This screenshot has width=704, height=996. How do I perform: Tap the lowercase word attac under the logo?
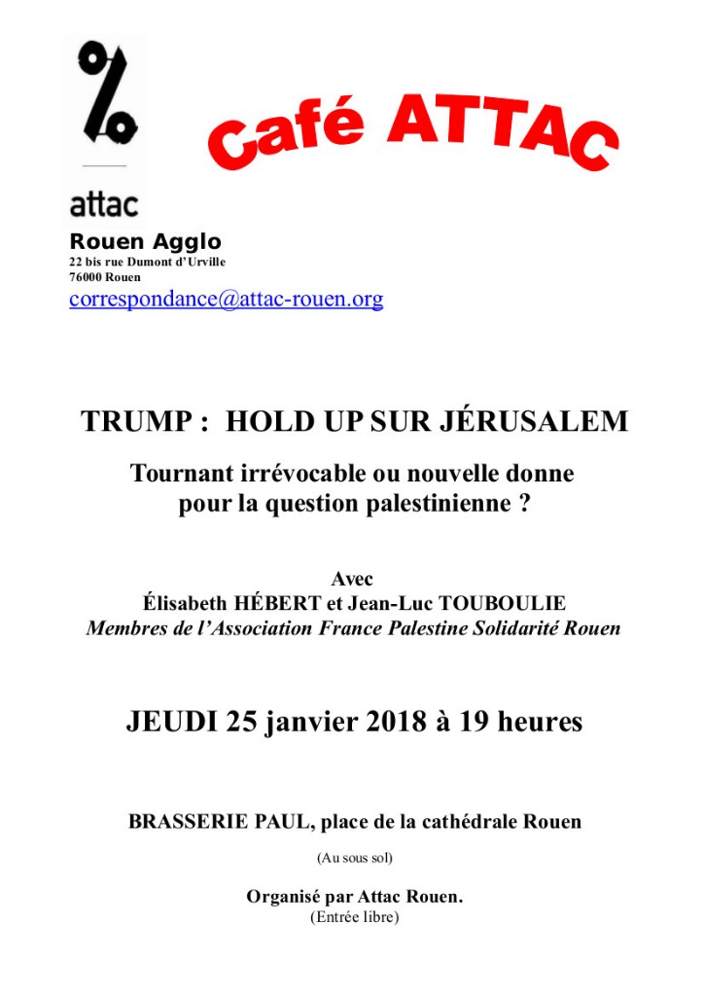104,203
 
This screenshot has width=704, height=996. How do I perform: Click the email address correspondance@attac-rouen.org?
226,299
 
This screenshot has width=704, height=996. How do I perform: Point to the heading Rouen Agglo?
146,242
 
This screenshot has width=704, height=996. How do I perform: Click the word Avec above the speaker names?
352,580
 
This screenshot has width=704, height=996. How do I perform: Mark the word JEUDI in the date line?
172,722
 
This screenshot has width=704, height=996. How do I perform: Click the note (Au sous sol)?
354,858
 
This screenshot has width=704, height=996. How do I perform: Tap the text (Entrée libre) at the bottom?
354,916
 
